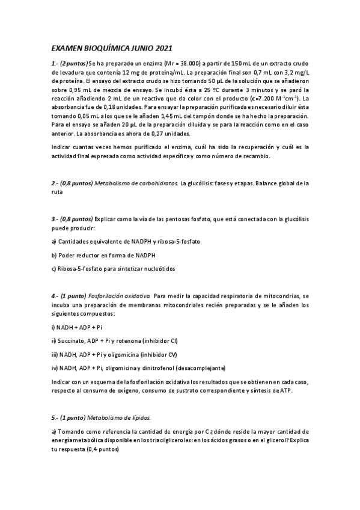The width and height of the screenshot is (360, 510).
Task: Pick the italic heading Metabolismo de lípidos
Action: pos(119,417)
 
